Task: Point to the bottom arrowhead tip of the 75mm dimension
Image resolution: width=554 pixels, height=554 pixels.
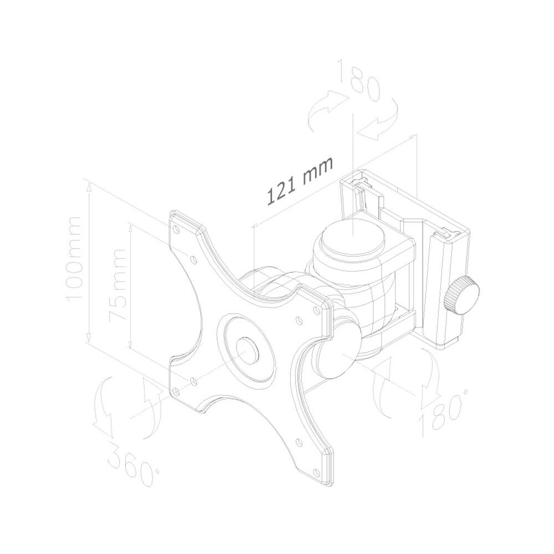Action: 131,348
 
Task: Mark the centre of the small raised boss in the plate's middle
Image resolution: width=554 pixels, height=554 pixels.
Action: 247,351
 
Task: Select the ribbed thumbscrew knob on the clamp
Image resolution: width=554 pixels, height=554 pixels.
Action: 462,296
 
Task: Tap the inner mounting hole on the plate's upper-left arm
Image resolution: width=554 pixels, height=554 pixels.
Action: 193,260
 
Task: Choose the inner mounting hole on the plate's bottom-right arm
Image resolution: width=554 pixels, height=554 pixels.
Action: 299,442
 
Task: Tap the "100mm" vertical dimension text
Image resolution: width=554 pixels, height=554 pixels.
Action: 74,259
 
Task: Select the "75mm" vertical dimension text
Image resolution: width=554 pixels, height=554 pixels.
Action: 117,285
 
